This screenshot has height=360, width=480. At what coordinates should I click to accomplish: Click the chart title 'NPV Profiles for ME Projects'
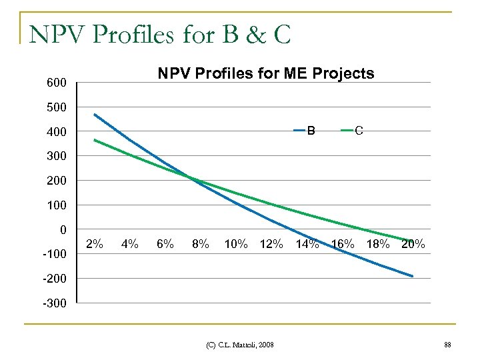coord(265,73)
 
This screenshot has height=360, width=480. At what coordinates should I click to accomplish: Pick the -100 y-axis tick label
coord(54,255)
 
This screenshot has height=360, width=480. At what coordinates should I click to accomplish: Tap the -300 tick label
coord(54,303)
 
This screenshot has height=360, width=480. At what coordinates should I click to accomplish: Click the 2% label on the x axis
coord(95,244)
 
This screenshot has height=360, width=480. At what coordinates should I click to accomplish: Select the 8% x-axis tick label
coord(199,244)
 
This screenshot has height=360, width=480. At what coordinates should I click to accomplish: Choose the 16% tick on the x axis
coord(343,244)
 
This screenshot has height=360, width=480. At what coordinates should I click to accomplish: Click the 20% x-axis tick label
coord(413,244)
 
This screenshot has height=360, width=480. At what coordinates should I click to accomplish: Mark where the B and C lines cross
coord(191,178)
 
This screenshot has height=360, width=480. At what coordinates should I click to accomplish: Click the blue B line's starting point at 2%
coord(95,115)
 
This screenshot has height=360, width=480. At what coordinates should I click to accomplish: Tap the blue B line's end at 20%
coord(413,276)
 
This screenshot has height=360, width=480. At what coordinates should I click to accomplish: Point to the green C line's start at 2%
coord(95,140)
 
